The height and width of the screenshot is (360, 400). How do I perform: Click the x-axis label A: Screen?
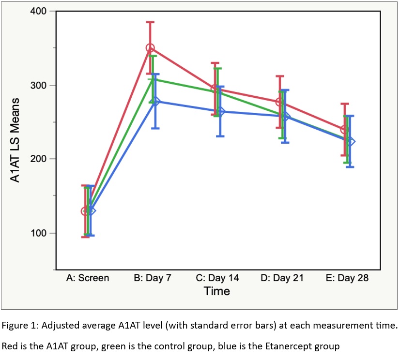88,278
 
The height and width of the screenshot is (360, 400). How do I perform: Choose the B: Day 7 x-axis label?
152,278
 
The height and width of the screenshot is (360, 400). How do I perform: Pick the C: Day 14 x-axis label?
217,278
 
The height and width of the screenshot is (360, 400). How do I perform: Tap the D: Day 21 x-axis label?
282,278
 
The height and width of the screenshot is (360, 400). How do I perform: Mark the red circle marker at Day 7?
150,48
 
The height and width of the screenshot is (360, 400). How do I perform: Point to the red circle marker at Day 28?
344,129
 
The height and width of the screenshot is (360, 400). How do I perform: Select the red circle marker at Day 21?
279,102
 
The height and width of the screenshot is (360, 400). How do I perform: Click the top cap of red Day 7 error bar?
150,22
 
